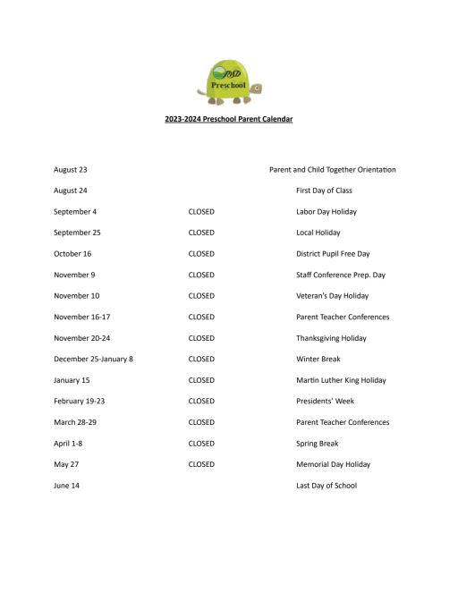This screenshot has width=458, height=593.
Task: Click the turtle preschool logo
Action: (228, 80)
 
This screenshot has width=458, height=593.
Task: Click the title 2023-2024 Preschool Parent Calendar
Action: (229, 119)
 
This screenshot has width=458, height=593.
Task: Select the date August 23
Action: (70, 169)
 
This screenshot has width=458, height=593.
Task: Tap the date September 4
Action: (75, 211)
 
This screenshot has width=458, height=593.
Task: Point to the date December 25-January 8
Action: (93, 359)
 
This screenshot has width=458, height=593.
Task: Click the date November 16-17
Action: (82, 317)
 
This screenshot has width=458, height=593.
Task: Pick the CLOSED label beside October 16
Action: (201, 253)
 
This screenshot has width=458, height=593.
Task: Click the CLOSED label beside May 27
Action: (201, 464)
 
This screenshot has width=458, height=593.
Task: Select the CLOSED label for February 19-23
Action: (201, 401)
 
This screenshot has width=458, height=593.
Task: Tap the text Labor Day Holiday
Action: (326, 211)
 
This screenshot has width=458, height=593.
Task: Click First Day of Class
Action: (324, 191)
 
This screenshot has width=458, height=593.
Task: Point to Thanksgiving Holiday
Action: (331, 338)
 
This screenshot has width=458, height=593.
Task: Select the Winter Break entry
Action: (318, 359)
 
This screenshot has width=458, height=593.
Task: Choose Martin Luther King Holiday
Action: (341, 380)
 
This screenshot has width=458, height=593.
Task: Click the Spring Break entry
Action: (317, 443)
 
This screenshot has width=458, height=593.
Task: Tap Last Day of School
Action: (326, 485)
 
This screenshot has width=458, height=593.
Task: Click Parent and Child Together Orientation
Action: (332, 169)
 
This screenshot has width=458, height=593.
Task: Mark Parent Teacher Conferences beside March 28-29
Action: (343, 422)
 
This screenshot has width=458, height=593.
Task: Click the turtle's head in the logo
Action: (257, 88)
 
